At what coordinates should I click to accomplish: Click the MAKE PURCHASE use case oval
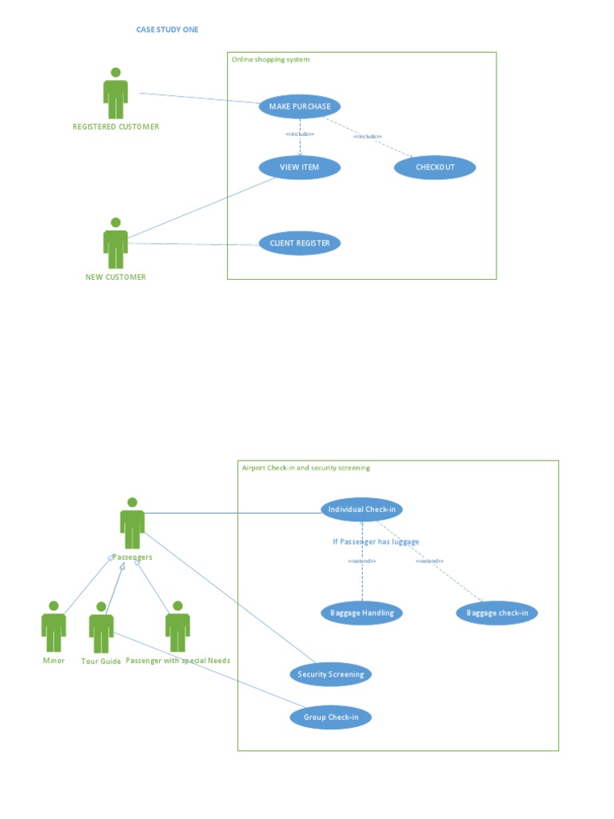click(x=300, y=106)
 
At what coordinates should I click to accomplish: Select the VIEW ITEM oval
click(x=300, y=167)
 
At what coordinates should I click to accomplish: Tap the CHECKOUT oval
click(x=435, y=167)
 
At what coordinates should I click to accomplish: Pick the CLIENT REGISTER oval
click(x=300, y=243)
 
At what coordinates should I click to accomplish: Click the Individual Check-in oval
click(x=362, y=509)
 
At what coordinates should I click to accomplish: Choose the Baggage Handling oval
click(x=362, y=613)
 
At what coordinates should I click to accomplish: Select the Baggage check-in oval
click(x=497, y=613)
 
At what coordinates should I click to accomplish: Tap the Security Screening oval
click(x=330, y=674)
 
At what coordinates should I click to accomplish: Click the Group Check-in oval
click(x=330, y=717)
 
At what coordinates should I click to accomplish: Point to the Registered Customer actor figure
click(x=115, y=94)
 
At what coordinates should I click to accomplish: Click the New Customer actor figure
click(x=115, y=243)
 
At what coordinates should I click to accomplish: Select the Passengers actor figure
click(x=132, y=523)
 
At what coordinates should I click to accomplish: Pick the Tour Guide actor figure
click(x=101, y=628)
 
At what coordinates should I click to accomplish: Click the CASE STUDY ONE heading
click(x=167, y=30)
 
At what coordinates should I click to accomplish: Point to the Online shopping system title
click(x=270, y=60)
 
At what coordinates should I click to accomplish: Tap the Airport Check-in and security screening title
click(x=305, y=468)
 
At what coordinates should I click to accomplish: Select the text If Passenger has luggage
click(x=376, y=541)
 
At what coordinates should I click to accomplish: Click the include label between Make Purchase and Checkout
click(x=367, y=137)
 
